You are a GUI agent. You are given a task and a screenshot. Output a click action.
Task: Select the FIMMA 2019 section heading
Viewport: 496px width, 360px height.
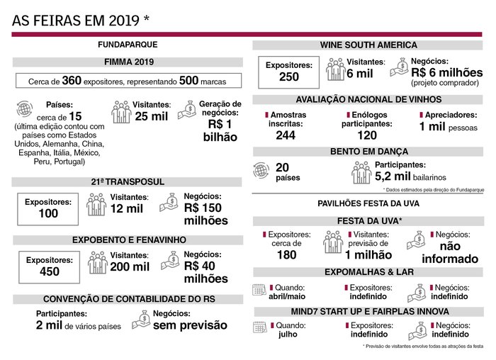coord(129,62)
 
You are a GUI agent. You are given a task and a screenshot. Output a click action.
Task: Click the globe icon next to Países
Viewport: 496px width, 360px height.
coord(25,110)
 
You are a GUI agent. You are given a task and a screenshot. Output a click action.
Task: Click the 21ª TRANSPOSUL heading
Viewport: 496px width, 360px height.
coord(129,182)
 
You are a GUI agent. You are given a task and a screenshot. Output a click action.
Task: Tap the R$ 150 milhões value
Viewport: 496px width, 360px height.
coord(205,214)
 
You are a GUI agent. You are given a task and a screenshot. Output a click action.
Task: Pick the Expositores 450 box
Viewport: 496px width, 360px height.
coord(49,266)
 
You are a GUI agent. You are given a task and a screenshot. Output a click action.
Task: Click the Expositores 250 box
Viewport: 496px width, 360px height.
coord(288,72)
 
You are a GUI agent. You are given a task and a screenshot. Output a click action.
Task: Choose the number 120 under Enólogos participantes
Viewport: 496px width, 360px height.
coord(367,135)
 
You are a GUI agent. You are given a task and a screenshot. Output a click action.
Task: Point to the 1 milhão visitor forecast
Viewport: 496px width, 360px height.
coord(368,254)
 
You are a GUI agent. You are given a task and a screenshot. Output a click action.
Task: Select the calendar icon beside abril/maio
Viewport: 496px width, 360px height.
coord(259,290)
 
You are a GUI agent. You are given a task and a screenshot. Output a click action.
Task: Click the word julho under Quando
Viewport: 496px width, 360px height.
coord(288,334)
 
